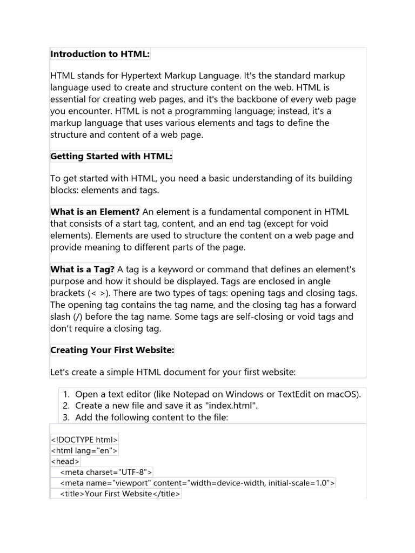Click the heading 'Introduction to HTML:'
pyautogui.click(x=100, y=54)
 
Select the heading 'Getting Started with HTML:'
pyautogui.click(x=111, y=157)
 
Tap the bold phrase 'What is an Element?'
pyautogui.click(x=95, y=212)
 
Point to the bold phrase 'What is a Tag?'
pyautogui.click(x=83, y=269)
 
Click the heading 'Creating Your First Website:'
pyautogui.click(x=112, y=350)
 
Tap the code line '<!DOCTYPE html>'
pyautogui.click(x=84, y=440)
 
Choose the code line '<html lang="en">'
pyautogui.click(x=84, y=450)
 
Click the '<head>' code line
pyautogui.click(x=65, y=461)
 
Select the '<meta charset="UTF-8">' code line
pyautogui.click(x=106, y=472)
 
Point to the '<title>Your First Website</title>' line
pyautogui.click(x=121, y=494)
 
